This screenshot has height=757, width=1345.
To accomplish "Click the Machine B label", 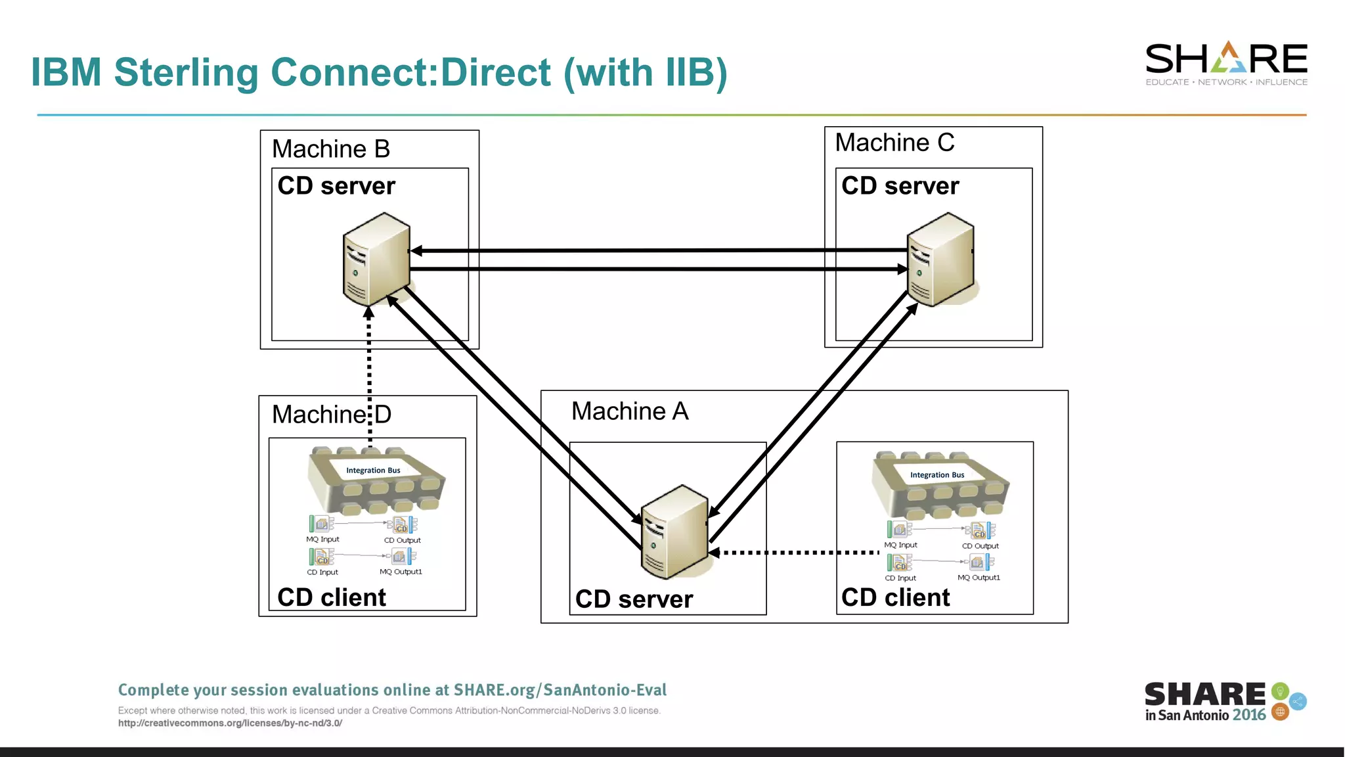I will coord(331,149).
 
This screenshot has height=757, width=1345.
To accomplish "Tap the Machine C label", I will coord(894,143).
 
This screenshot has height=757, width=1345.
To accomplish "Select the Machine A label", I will coord(630,411).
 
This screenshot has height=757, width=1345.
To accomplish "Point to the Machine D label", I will coord(331,415).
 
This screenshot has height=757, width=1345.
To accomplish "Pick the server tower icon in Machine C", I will coord(940,259).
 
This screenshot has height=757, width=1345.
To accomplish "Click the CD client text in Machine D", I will coord(332,597).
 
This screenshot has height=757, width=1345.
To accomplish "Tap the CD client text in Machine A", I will coord(895,597).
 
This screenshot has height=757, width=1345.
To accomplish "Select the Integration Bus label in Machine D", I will coord(373,470).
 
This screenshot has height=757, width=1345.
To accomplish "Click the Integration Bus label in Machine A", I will coord(937,475).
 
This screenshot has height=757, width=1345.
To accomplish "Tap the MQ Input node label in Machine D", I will coord(322,539).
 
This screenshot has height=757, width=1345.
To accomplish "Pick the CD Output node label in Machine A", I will coord(980,546).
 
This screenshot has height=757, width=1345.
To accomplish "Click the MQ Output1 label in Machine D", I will coord(401,572).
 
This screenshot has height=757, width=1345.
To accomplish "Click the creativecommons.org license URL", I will coord(230,723).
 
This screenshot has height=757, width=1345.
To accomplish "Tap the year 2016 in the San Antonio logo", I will coord(1248,716).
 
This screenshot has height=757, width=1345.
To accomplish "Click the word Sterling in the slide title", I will coord(186,72).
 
